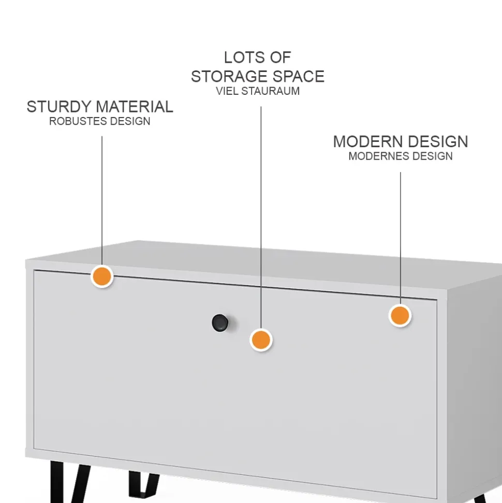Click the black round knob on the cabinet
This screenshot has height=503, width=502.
(x=220, y=323)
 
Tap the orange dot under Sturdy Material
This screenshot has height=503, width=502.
(x=102, y=276)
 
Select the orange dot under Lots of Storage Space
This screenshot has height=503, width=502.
(x=261, y=340)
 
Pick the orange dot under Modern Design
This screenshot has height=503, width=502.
(x=400, y=315)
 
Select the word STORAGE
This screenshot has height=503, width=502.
(x=228, y=76)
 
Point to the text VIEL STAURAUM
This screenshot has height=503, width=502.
(x=258, y=91)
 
